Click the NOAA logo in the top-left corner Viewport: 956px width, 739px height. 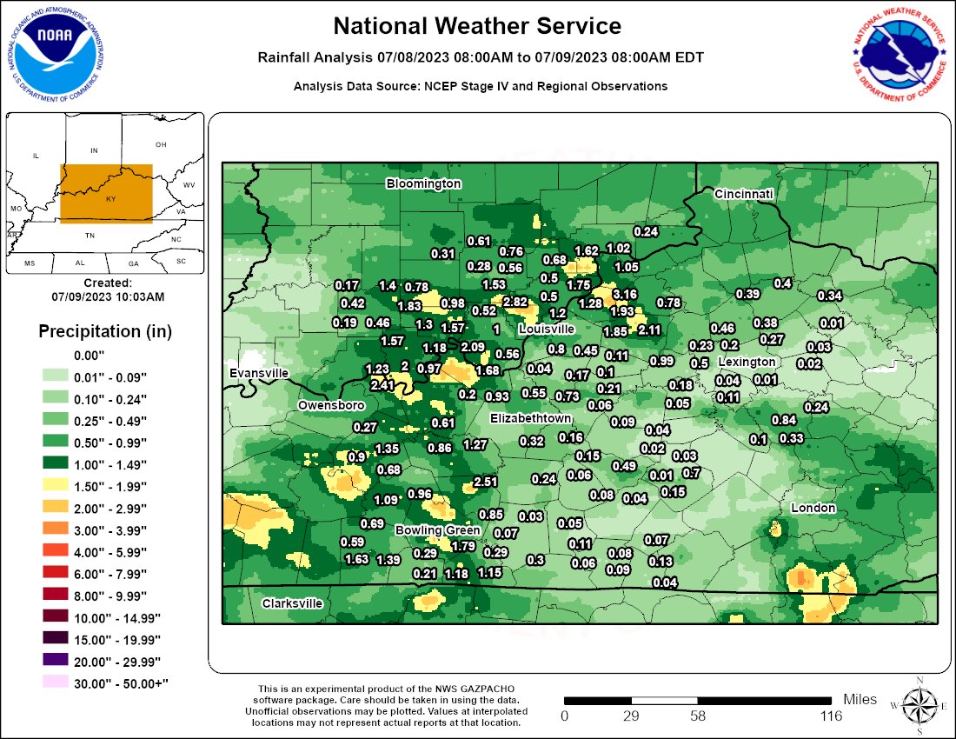(x=57, y=54)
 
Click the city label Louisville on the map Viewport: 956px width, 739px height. (x=546, y=330)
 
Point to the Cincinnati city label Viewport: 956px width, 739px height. (x=743, y=194)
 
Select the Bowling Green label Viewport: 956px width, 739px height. (x=437, y=530)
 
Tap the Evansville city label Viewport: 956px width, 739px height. (x=259, y=373)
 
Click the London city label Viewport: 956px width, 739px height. (x=813, y=508)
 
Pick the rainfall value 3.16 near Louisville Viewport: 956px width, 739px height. (x=625, y=295)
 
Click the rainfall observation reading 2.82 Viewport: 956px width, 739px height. (x=515, y=302)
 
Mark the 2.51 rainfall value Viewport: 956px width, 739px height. (x=485, y=482)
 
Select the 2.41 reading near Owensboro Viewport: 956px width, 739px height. (x=382, y=385)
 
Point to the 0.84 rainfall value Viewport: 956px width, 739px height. (x=784, y=420)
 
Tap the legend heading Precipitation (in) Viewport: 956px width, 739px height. (x=105, y=331)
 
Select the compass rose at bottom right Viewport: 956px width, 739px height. (x=918, y=702)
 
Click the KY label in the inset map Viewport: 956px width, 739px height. (x=110, y=199)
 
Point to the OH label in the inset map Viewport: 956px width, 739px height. (x=161, y=144)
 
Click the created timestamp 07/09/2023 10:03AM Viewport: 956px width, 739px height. (x=108, y=296)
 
